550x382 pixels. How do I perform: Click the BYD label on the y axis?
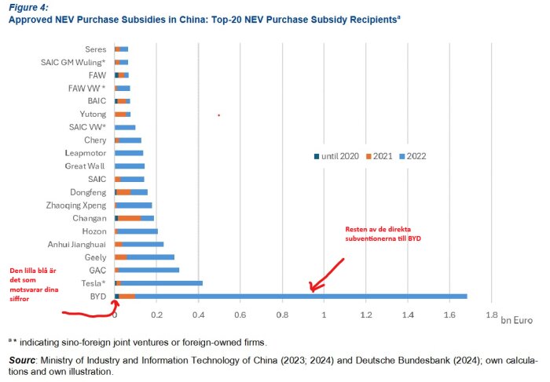pos(100,296)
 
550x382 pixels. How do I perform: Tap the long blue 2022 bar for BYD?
pos(299,296)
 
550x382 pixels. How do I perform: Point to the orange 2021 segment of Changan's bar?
pos(130,217)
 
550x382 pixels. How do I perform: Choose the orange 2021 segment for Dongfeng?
pos(123,191)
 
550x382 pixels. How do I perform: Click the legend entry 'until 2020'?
pos(337,156)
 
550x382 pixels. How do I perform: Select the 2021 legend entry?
pos(378,156)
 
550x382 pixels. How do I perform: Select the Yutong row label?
pos(93,114)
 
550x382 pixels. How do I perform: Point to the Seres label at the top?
pos(95,49)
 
